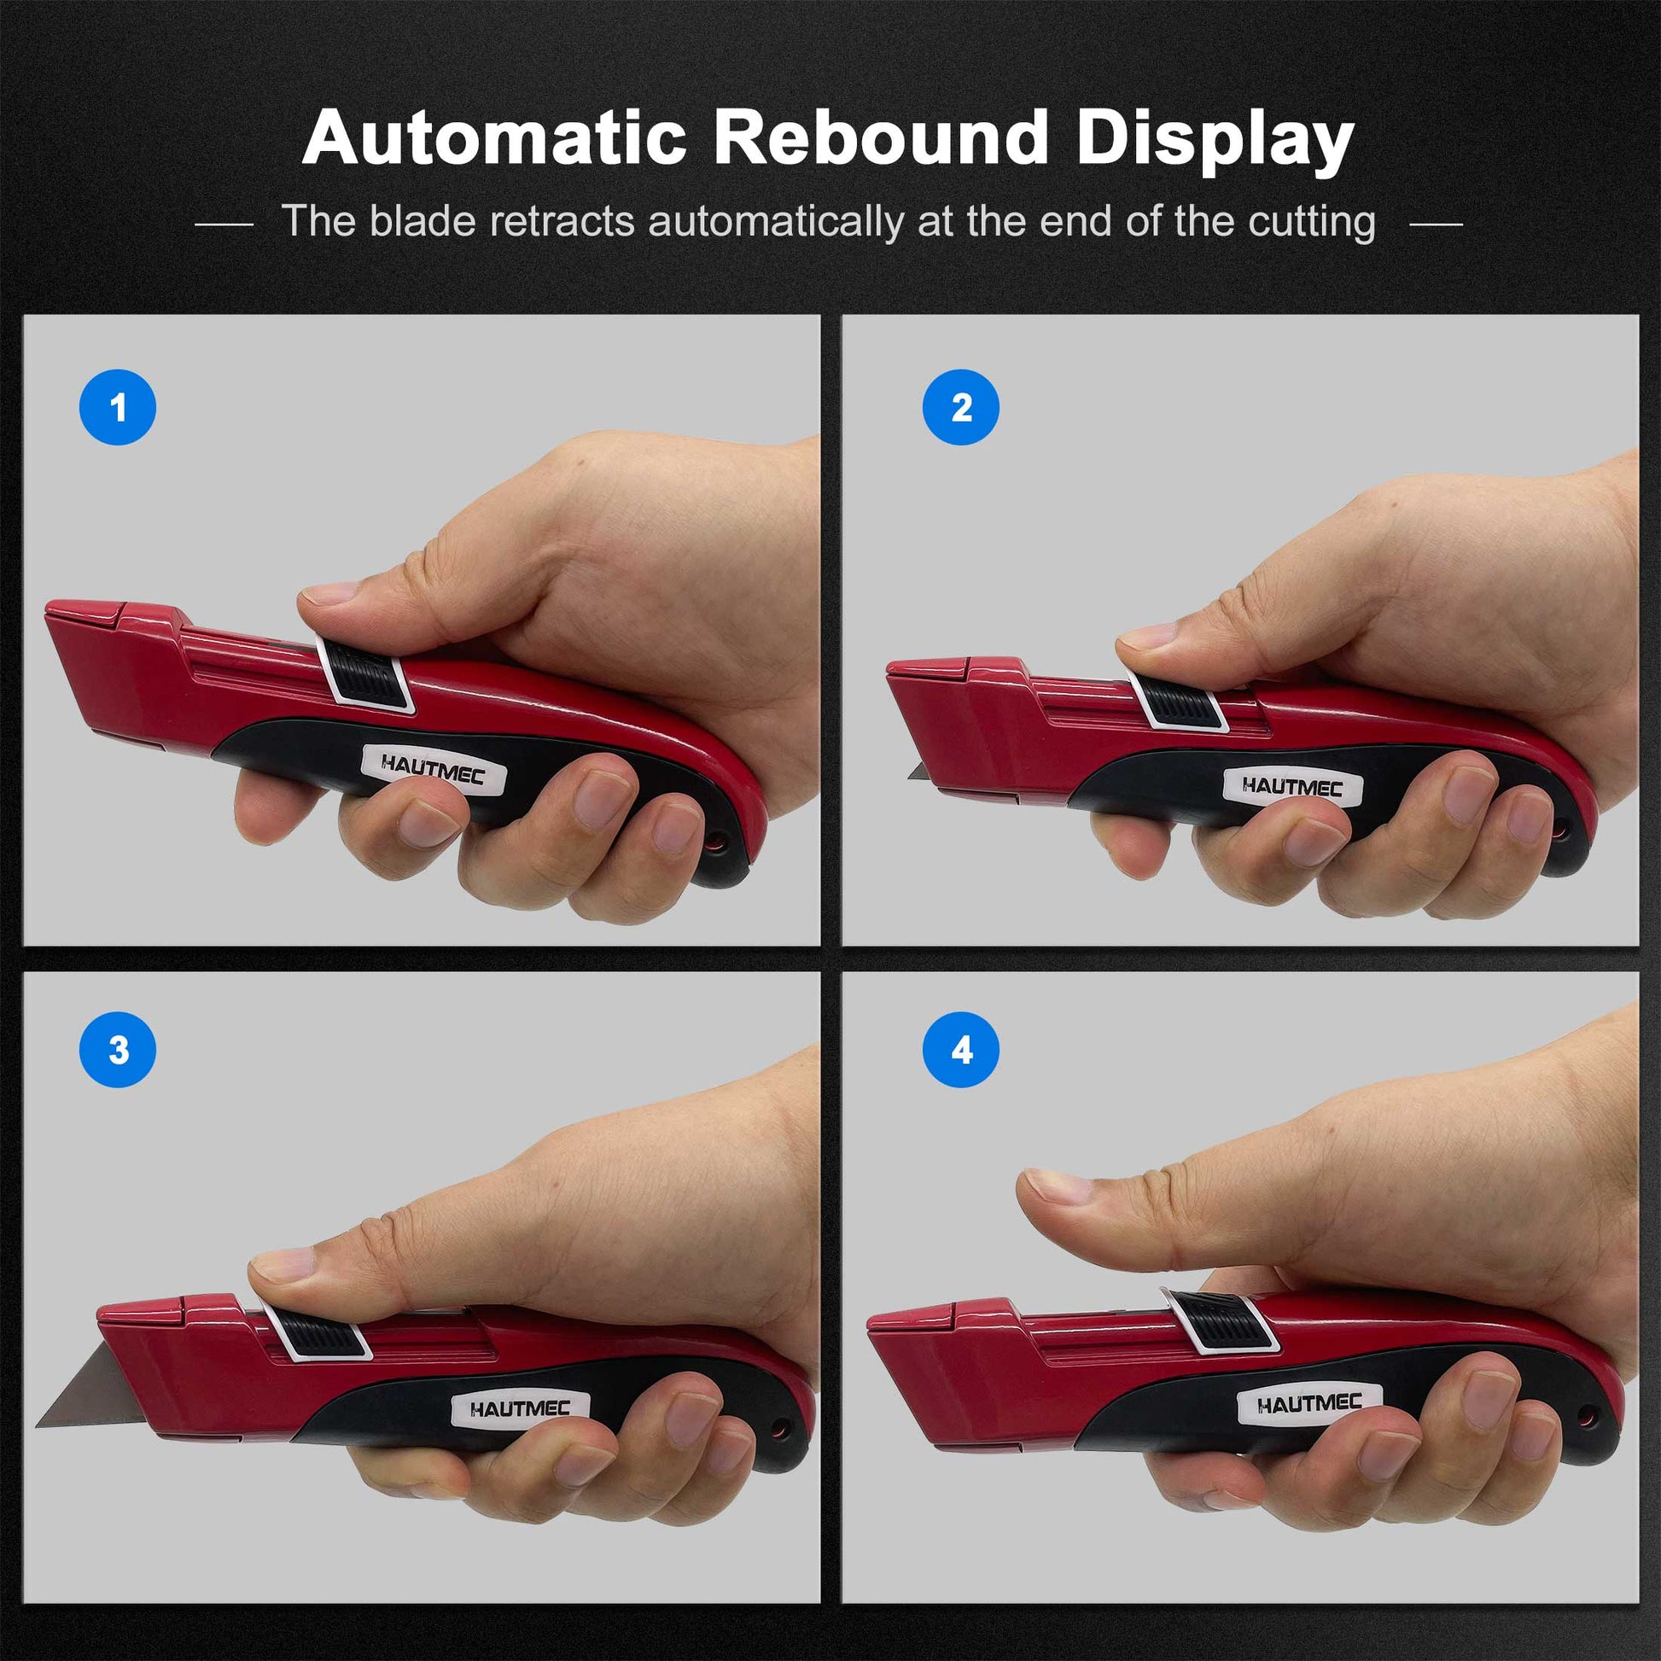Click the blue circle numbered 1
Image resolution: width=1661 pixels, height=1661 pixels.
[x=118, y=406]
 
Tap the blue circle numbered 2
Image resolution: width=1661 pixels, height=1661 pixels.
[x=961, y=406]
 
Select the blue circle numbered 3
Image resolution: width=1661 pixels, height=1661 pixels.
[x=118, y=1050]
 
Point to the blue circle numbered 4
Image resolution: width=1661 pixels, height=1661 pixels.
[x=961, y=1050]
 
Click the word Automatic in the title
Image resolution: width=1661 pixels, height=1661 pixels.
[x=493, y=137]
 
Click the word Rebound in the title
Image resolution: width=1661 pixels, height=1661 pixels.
[x=881, y=137]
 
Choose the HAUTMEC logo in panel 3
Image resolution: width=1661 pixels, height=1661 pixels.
[x=520, y=1408]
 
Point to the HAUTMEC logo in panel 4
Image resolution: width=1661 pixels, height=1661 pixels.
[x=1308, y=1403]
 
